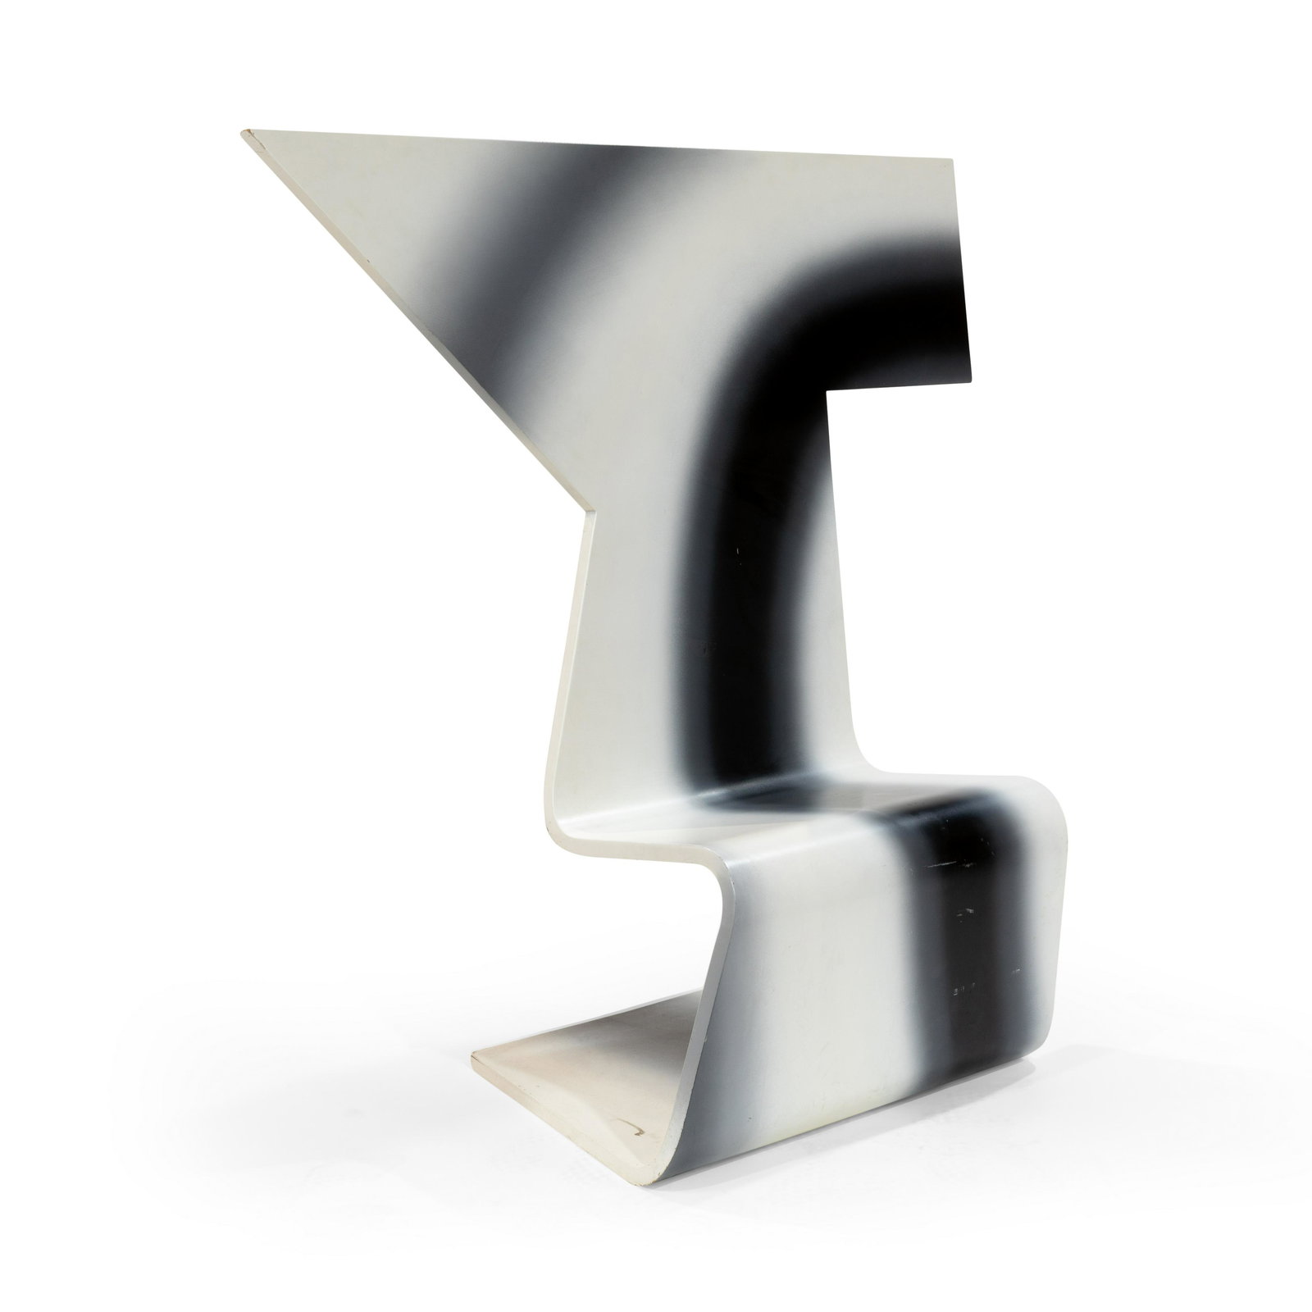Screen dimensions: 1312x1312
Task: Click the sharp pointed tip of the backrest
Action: pos(244,132)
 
